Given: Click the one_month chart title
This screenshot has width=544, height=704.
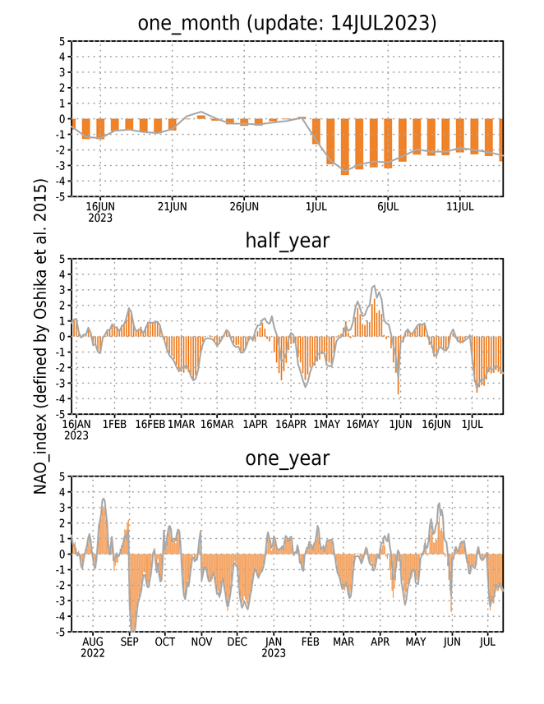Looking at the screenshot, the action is [287, 22].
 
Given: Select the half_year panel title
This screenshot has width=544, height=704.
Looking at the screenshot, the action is [287, 241].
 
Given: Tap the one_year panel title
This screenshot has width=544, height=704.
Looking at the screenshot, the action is [287, 458].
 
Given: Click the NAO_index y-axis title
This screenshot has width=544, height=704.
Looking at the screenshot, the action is [40, 337].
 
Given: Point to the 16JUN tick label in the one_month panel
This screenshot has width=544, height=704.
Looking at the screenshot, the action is [100, 207].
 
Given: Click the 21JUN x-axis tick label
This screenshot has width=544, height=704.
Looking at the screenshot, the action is [172, 207].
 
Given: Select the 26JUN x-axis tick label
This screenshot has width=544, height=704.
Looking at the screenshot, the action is [244, 207].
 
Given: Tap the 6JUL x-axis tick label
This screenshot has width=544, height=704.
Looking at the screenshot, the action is [388, 207].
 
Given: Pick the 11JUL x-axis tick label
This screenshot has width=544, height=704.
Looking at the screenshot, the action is [460, 207].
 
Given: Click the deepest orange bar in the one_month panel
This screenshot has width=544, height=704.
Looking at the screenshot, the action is [345, 146].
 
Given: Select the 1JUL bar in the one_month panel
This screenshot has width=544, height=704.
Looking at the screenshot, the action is [316, 131].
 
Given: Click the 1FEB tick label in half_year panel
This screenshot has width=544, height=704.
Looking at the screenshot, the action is [114, 424].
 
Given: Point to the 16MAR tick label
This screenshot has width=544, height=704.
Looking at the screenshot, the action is [217, 424].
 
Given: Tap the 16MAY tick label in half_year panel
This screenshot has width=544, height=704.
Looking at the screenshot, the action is [362, 424].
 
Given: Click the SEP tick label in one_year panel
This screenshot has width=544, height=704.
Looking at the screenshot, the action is [129, 642].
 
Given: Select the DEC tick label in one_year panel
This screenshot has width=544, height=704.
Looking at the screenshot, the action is [237, 642].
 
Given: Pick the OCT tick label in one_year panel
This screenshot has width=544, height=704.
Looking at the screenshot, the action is [165, 642].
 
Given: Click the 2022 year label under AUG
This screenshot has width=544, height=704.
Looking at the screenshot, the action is [93, 653].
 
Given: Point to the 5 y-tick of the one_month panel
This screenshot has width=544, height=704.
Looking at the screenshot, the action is [62, 41].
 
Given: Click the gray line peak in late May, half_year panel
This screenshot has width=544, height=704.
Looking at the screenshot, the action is [374, 286].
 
